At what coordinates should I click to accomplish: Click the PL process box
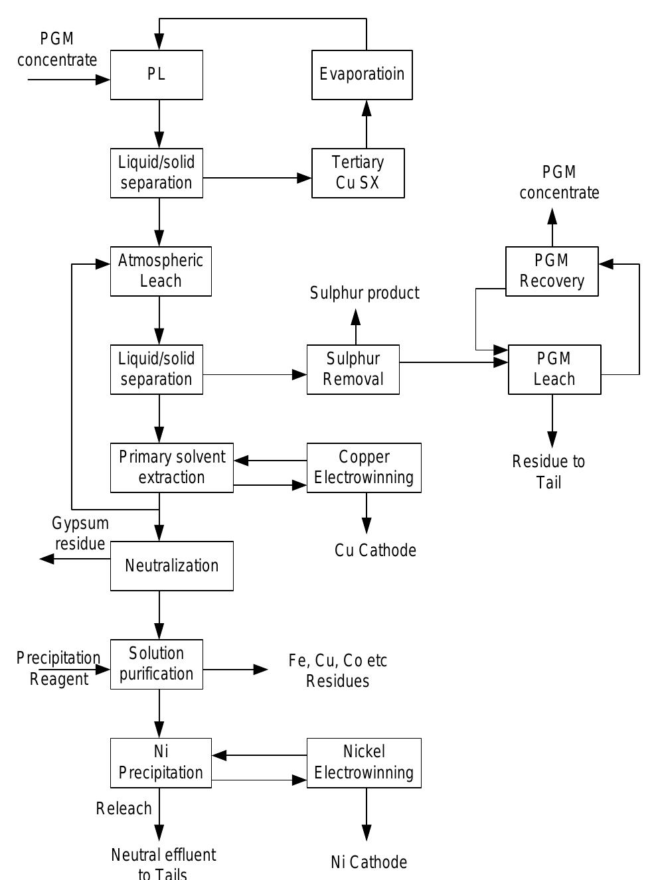tap(157, 75)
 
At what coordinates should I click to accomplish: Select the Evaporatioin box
tap(362, 75)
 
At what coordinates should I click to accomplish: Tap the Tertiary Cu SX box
tap(358, 173)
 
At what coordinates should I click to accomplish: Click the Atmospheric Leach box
tap(161, 271)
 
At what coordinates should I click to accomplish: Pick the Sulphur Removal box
tap(353, 369)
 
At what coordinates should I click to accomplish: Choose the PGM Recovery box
tap(552, 271)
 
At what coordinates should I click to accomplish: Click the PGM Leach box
tap(554, 369)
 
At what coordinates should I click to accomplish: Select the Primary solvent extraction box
tap(172, 467)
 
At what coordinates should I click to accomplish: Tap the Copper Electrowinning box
tap(364, 467)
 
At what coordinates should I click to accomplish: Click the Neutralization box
tap(172, 565)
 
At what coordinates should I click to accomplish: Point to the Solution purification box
tap(157, 664)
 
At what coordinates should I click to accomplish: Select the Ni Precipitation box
tap(161, 763)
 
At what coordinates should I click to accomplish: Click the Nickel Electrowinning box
tap(364, 763)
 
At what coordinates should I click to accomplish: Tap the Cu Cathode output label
tap(375, 551)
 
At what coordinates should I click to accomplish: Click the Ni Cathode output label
tap(368, 862)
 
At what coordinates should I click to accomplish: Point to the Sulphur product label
tap(365, 293)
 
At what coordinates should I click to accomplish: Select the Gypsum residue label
tap(80, 534)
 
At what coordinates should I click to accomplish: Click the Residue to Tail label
tap(548, 472)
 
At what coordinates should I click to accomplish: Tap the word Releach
tap(124, 808)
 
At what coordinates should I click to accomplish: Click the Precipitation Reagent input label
tap(58, 668)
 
